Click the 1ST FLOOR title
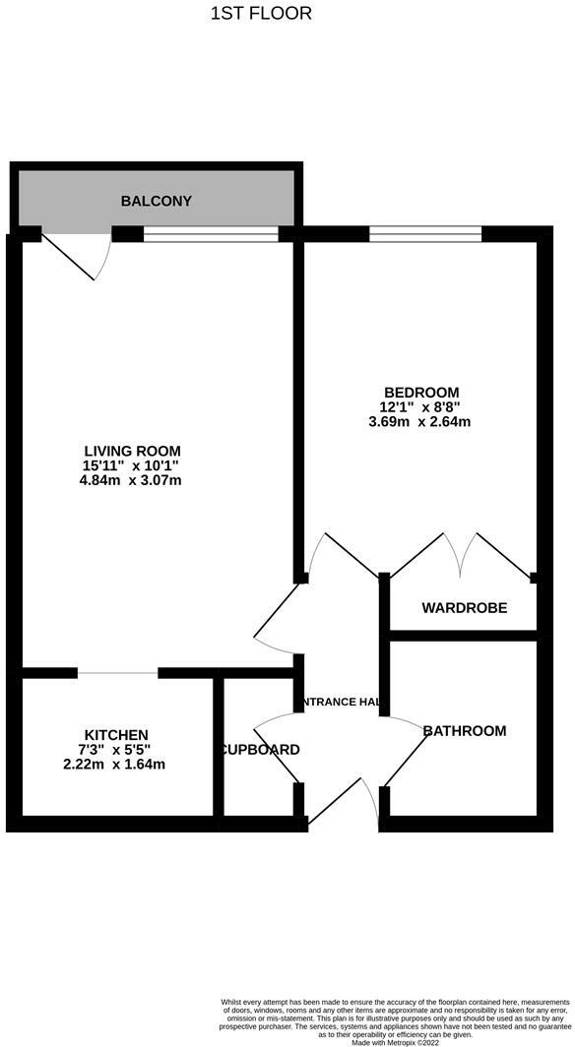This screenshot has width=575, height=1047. (x=261, y=13)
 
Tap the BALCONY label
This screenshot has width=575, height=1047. (x=156, y=201)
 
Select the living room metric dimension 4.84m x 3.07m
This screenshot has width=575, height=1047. (x=132, y=480)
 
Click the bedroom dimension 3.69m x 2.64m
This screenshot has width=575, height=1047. (x=419, y=422)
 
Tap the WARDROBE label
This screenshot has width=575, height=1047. (x=464, y=608)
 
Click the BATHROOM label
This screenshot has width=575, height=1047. (x=464, y=730)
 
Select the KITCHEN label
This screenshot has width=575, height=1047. (x=116, y=735)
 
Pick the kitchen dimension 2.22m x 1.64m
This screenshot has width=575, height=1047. (x=116, y=764)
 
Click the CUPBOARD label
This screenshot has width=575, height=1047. (x=258, y=750)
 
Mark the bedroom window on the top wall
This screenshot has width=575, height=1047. (x=424, y=233)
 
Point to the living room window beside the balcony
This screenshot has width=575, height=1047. (x=210, y=233)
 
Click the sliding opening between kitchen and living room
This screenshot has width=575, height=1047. (x=117, y=673)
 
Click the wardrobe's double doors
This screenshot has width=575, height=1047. (x=461, y=557)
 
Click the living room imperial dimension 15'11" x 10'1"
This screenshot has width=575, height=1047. (x=132, y=465)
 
